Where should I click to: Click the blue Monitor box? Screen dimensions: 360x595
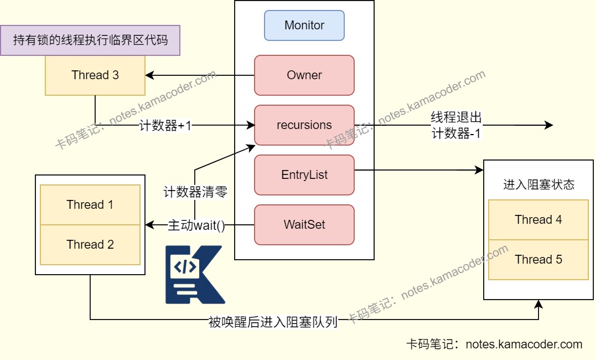click(x=304, y=25)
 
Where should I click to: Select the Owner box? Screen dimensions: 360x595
click(x=304, y=75)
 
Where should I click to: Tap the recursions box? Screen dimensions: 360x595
click(x=304, y=125)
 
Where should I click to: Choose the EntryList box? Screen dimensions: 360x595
click(x=304, y=175)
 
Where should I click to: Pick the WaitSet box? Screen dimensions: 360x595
click(x=304, y=225)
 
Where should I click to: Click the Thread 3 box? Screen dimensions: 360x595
click(x=95, y=75)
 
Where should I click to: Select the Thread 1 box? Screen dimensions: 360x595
click(x=90, y=205)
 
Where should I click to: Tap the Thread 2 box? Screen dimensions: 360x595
click(x=90, y=245)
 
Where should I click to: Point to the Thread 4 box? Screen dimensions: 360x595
click(x=538, y=220)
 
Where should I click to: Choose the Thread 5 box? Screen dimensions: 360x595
click(x=538, y=260)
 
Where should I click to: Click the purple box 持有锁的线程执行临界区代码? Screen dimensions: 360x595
click(x=90, y=40)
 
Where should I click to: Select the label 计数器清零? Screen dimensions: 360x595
click(x=195, y=192)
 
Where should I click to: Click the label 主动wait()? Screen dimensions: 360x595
click(x=196, y=225)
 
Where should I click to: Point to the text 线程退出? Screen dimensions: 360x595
click(x=457, y=117)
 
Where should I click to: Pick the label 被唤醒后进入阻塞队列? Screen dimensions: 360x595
click(x=273, y=322)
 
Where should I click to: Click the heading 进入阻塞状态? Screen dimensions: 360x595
click(x=538, y=185)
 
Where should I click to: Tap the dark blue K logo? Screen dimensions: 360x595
click(x=194, y=275)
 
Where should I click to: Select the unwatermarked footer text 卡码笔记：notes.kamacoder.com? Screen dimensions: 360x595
click(x=494, y=344)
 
